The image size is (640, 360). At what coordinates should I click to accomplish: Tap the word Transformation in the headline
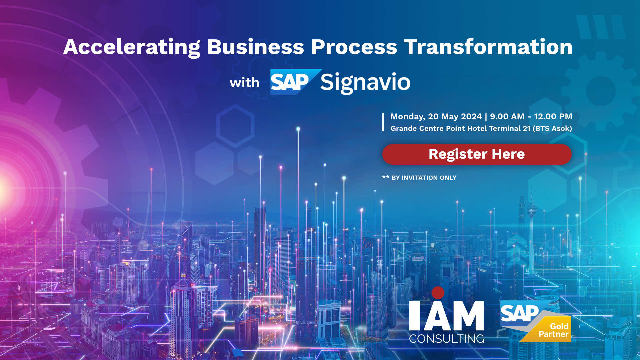[x=488, y=47]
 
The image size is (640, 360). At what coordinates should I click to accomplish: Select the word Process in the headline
[x=354, y=47]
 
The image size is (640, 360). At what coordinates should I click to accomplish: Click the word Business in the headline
[x=256, y=47]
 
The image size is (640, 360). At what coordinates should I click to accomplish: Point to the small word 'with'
[x=244, y=82]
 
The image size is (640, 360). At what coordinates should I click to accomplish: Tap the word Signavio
[x=365, y=83]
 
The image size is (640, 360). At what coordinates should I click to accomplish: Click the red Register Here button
[x=477, y=154]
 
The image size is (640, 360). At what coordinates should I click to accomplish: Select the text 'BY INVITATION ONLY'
[x=424, y=178]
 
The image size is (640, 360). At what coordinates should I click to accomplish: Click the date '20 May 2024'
[x=455, y=117]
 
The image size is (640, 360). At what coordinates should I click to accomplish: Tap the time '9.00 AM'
[x=507, y=117]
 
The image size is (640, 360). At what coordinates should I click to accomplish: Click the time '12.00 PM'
[x=553, y=117]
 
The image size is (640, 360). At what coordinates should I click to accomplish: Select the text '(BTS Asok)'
[x=552, y=129]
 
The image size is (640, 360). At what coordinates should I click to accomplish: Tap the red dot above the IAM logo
[x=438, y=293]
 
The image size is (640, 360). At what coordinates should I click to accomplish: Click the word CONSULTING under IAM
[x=447, y=339]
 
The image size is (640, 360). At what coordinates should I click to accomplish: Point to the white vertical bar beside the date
[x=383, y=122]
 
